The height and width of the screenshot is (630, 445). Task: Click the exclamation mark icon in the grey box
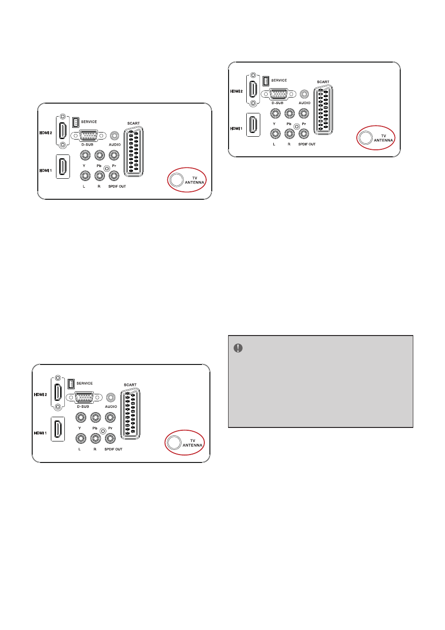[238, 348]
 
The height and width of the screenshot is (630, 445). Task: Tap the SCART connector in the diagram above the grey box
[323, 110]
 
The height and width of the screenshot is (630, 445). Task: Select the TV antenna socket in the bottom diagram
[174, 442]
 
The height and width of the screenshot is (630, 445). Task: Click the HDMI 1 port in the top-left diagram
[63, 167]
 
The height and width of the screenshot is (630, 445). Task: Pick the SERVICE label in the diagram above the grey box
[279, 80]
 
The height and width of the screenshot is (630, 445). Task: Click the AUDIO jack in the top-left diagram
[114, 136]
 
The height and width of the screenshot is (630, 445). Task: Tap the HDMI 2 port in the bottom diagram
[58, 392]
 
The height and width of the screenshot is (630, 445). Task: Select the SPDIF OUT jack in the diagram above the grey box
[304, 133]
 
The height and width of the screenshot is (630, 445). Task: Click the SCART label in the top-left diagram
[133, 123]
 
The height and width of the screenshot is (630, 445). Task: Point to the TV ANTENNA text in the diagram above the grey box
[383, 138]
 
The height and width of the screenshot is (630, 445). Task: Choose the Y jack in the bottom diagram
[81, 417]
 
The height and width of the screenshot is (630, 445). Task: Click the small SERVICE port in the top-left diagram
[76, 122]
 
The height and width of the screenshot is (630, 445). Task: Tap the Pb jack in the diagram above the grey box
[289, 113]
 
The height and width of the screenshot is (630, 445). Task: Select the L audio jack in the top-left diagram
[85, 176]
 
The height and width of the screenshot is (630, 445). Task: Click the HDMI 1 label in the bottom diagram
[40, 433]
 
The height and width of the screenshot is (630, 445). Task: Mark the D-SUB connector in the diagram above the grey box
[278, 94]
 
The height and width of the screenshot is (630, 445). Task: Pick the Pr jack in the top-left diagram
[113, 155]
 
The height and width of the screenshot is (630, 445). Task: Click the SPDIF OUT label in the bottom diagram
[113, 449]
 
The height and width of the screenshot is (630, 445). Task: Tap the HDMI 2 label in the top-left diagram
[46, 133]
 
